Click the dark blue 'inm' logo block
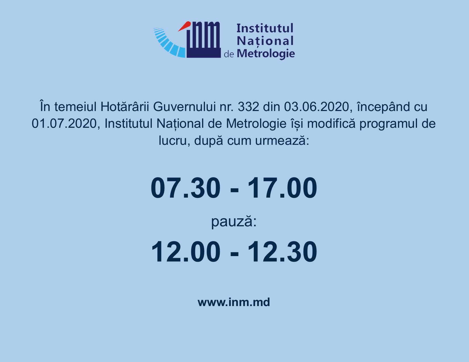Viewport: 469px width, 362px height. point(203,40)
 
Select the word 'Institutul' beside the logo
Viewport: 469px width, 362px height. point(265,28)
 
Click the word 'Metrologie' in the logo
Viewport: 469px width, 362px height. point(266,54)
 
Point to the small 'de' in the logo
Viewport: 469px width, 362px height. point(229,54)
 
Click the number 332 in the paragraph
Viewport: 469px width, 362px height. point(248,107)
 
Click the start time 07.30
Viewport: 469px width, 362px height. point(186,188)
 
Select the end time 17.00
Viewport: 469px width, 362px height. point(282,188)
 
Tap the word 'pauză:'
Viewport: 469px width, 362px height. point(234,222)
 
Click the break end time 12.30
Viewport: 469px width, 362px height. point(282,251)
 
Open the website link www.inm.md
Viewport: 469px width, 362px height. point(234,302)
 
